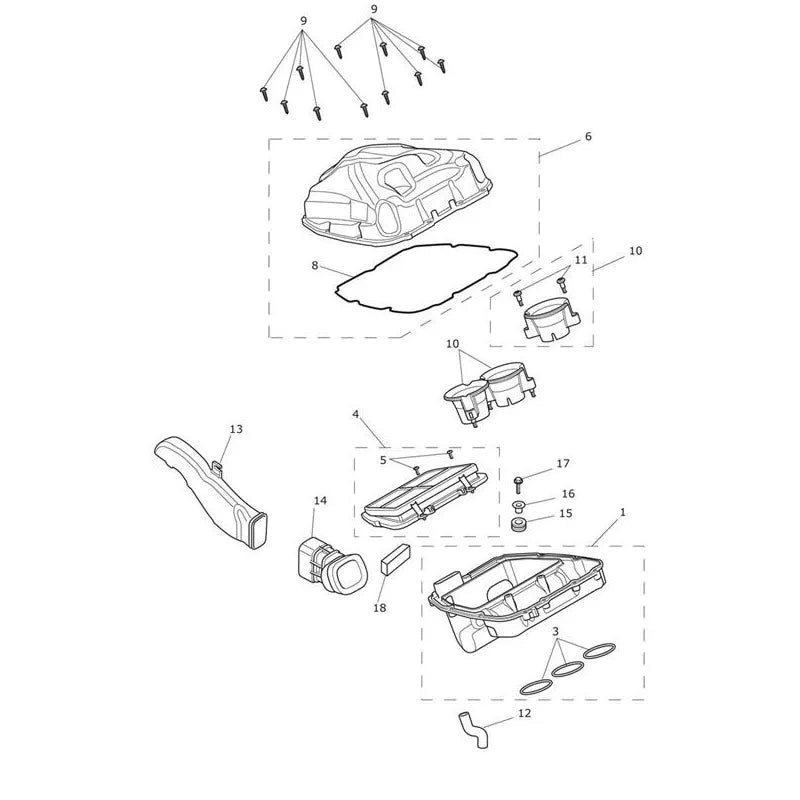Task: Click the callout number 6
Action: pyautogui.click(x=588, y=137)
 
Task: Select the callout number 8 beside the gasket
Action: pyautogui.click(x=315, y=265)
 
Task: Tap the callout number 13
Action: pyautogui.click(x=236, y=429)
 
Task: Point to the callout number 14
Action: pyautogui.click(x=320, y=501)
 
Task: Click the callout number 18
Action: pyautogui.click(x=380, y=608)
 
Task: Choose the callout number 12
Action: pyautogui.click(x=524, y=713)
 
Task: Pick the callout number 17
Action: pyautogui.click(x=563, y=463)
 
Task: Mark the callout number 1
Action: pyautogui.click(x=622, y=512)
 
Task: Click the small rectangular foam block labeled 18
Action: pyautogui.click(x=395, y=559)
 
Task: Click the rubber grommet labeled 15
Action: pyautogui.click(x=519, y=524)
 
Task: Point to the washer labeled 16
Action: pyautogui.click(x=519, y=506)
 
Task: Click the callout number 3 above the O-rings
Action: pyautogui.click(x=556, y=632)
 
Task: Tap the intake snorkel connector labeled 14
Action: pyautogui.click(x=331, y=566)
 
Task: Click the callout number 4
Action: pyautogui.click(x=356, y=414)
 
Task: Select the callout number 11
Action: pyautogui.click(x=581, y=260)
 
